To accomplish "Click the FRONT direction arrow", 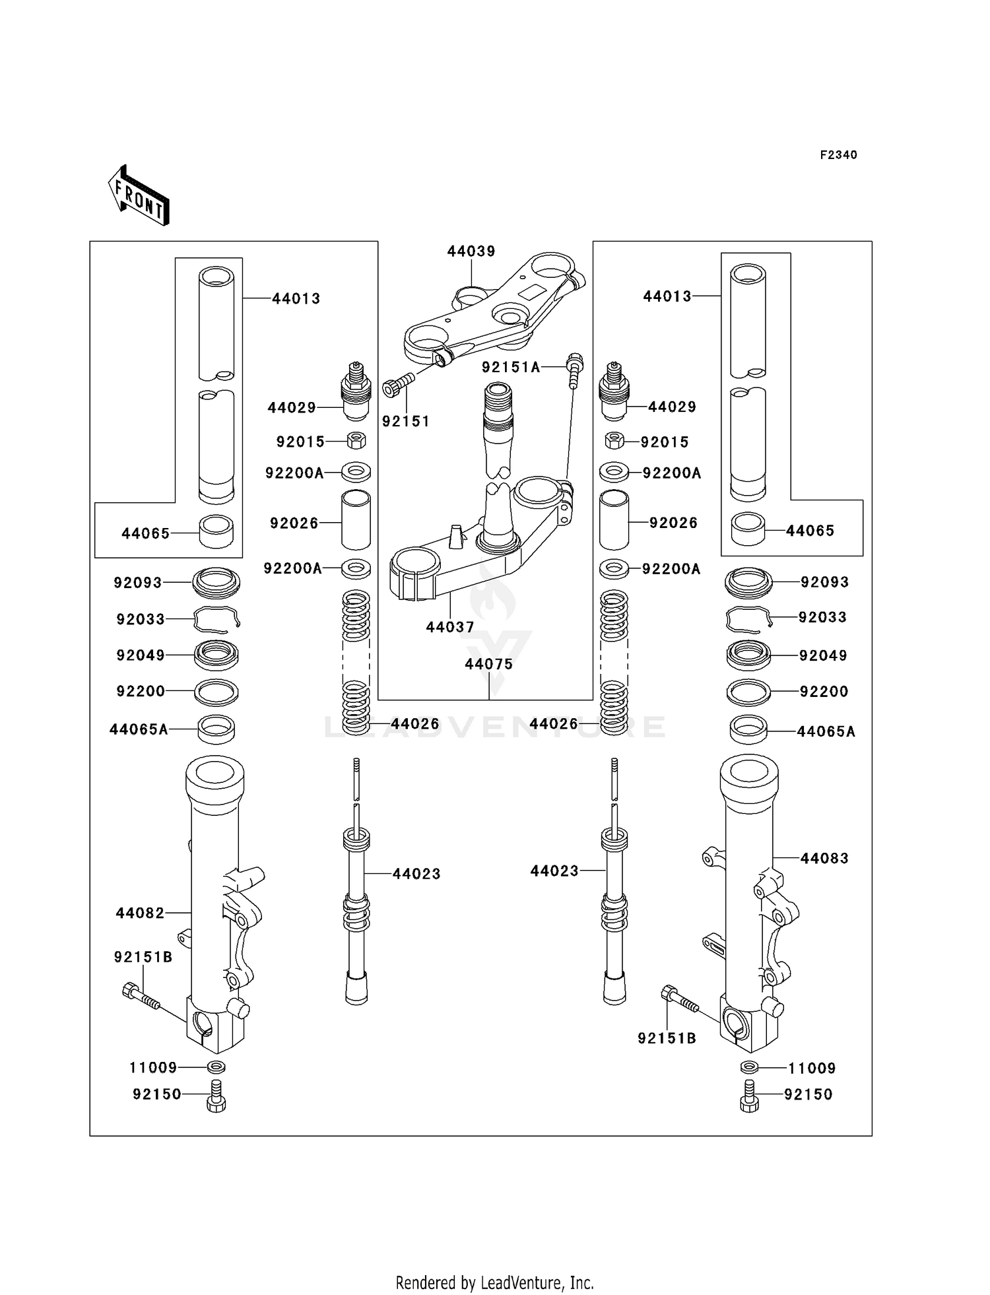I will [x=139, y=197].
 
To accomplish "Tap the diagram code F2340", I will [x=838, y=155].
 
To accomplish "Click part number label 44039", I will [x=471, y=251].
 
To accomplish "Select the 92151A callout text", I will [x=511, y=368].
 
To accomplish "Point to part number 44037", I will [x=450, y=628].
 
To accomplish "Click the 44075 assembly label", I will [x=488, y=665].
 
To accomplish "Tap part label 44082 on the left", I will [x=140, y=913].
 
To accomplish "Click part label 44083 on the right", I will [x=824, y=859].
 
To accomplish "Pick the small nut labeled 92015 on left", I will [x=356, y=440].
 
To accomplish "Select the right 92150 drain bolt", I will [x=750, y=1096].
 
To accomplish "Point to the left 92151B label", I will [x=143, y=957].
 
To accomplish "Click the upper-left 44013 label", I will [x=296, y=299].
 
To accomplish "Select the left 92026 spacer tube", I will [x=356, y=520].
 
